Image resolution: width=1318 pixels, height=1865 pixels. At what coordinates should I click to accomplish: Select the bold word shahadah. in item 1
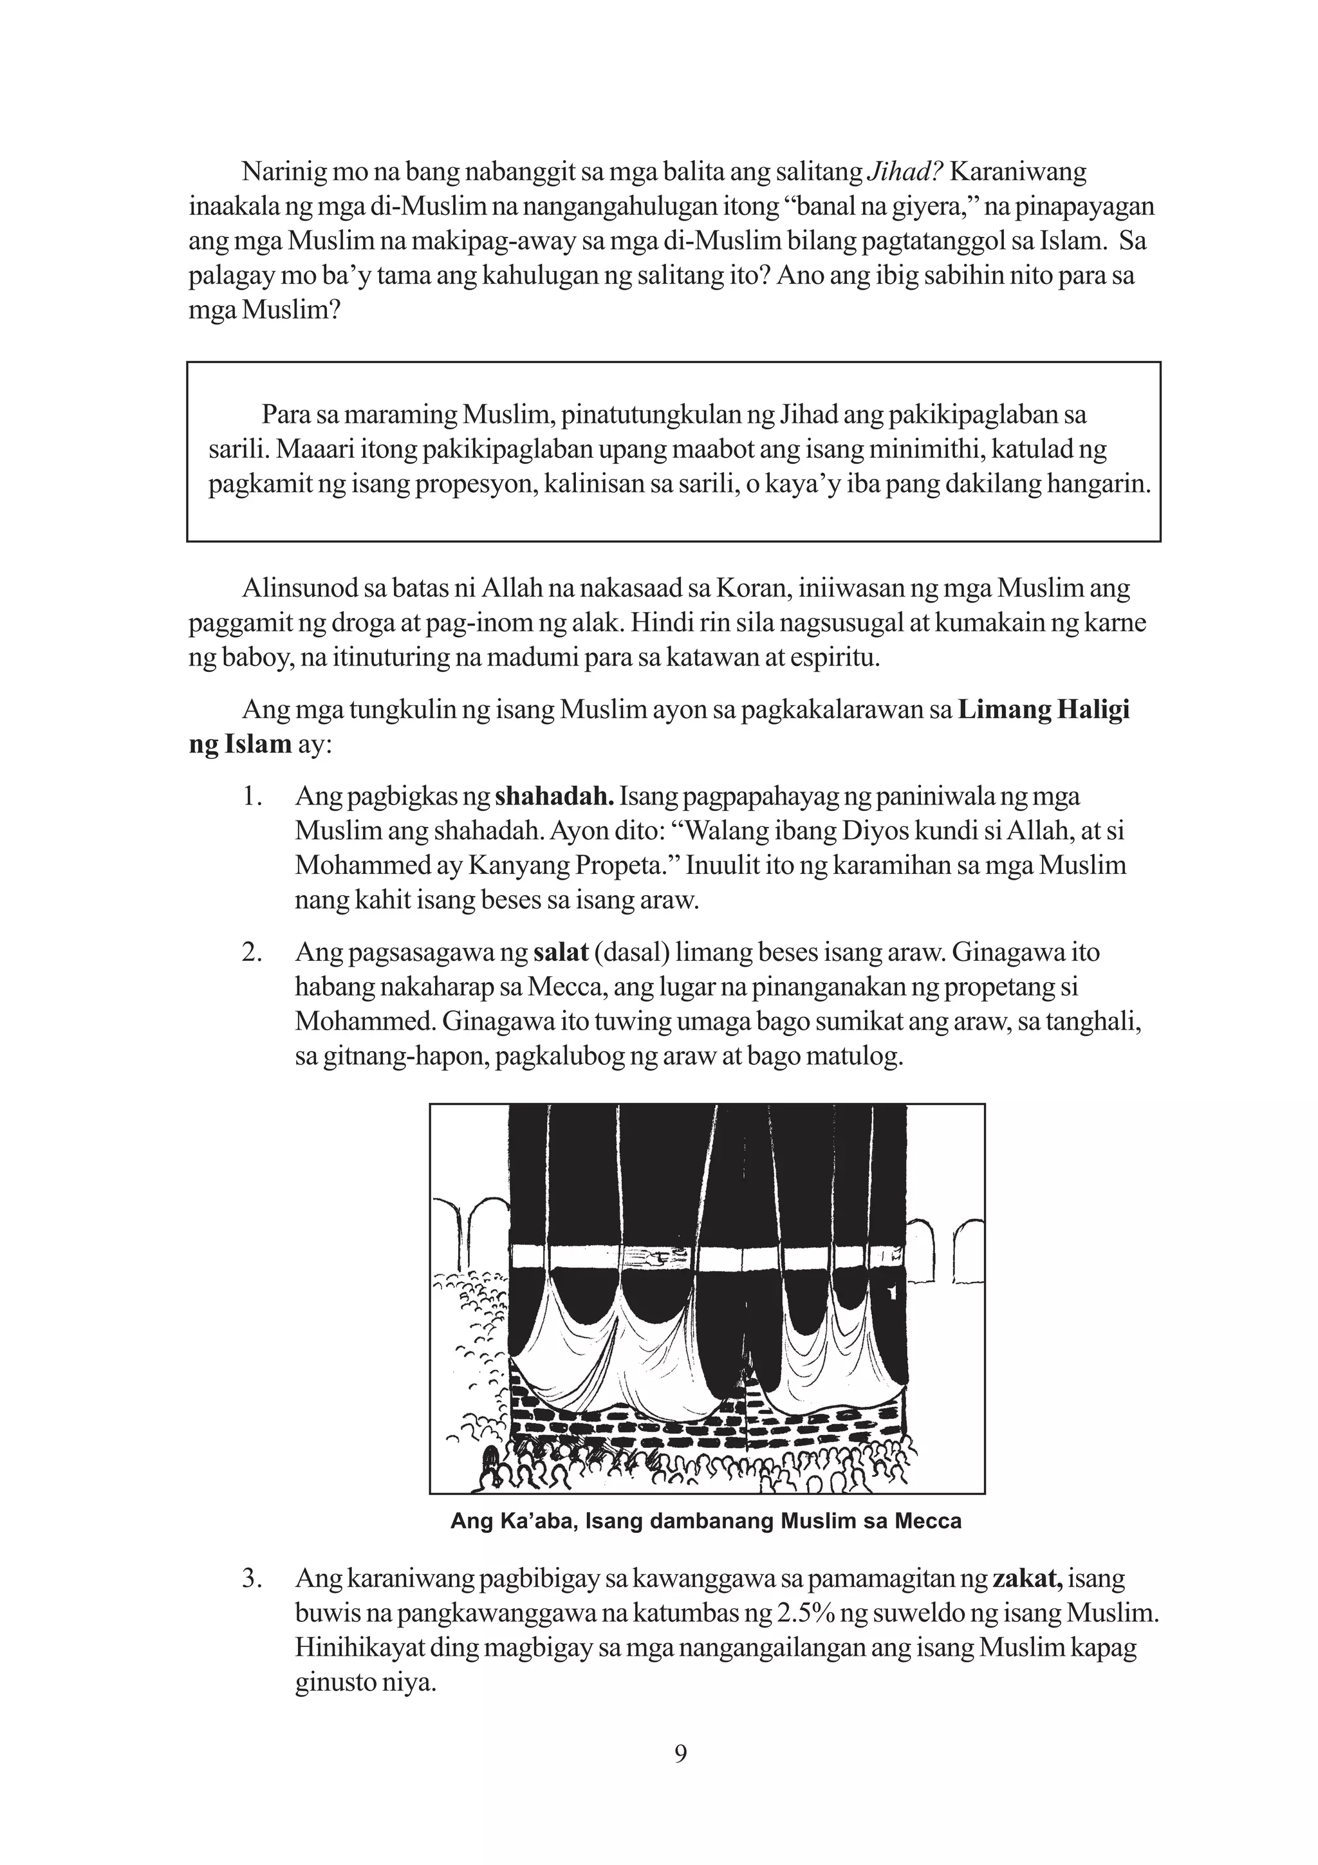point(554,796)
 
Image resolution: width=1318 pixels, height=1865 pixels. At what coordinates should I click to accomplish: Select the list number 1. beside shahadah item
point(252,796)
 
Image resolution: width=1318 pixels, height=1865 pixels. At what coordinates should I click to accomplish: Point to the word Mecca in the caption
point(927,1521)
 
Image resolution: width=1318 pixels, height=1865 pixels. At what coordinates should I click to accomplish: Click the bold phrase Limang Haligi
point(1043,710)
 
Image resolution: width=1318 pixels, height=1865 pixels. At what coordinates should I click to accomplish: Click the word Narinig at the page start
point(279,172)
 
